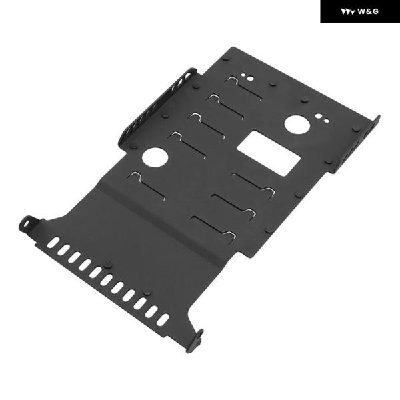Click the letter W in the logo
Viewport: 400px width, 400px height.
pyautogui.click(x=361, y=11)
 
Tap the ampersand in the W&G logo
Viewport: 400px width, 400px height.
pyautogui.click(x=369, y=11)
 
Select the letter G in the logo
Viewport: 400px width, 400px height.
pyautogui.click(x=375, y=11)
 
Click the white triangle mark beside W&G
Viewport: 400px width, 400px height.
pyautogui.click(x=348, y=12)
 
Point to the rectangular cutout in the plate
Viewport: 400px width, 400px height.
pyautogui.click(x=269, y=153)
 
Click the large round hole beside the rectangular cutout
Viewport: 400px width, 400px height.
pyautogui.click(x=297, y=125)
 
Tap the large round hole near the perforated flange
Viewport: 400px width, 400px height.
pyautogui.click(x=155, y=157)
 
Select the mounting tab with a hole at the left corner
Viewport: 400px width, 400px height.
pyautogui.click(x=29, y=224)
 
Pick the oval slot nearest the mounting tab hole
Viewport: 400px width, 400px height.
pyautogui.click(x=53, y=243)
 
